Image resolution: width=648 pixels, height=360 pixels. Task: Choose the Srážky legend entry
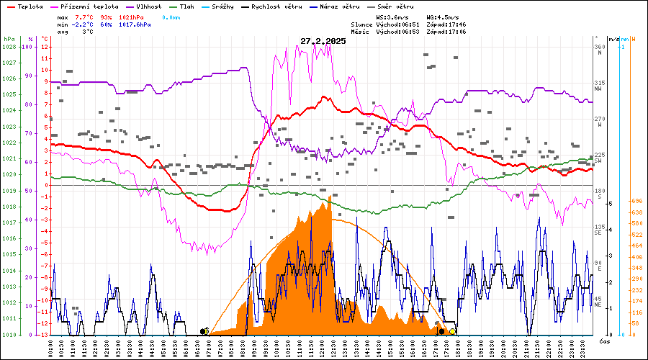click(x=237, y=6)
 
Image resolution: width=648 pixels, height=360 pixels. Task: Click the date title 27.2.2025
click(x=323, y=41)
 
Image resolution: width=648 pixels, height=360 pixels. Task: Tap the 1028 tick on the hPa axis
click(x=9, y=47)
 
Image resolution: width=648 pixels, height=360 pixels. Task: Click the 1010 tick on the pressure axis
click(x=9, y=335)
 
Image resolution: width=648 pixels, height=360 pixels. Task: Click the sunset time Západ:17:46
click(x=446, y=24)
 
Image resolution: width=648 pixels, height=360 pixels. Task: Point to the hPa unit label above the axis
click(x=9, y=38)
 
